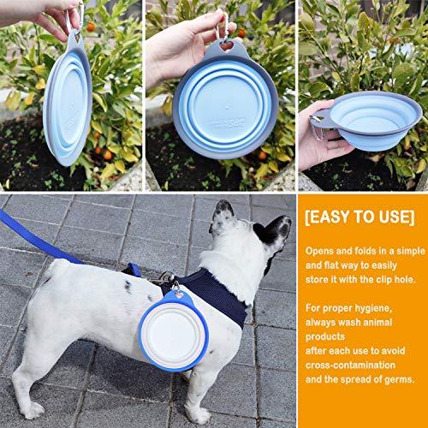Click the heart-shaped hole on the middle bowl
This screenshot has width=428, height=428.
coord(227,45)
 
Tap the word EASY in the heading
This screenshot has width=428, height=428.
coord(330,217)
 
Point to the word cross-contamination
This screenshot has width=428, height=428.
coord(350,365)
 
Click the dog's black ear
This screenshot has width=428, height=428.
coord(274,230)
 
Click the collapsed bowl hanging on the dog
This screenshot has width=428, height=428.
coord(174,331)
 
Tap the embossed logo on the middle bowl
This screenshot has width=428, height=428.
coord(229,123)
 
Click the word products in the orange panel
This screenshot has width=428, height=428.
coord(325,336)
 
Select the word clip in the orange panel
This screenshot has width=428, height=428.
coord(383,279)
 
